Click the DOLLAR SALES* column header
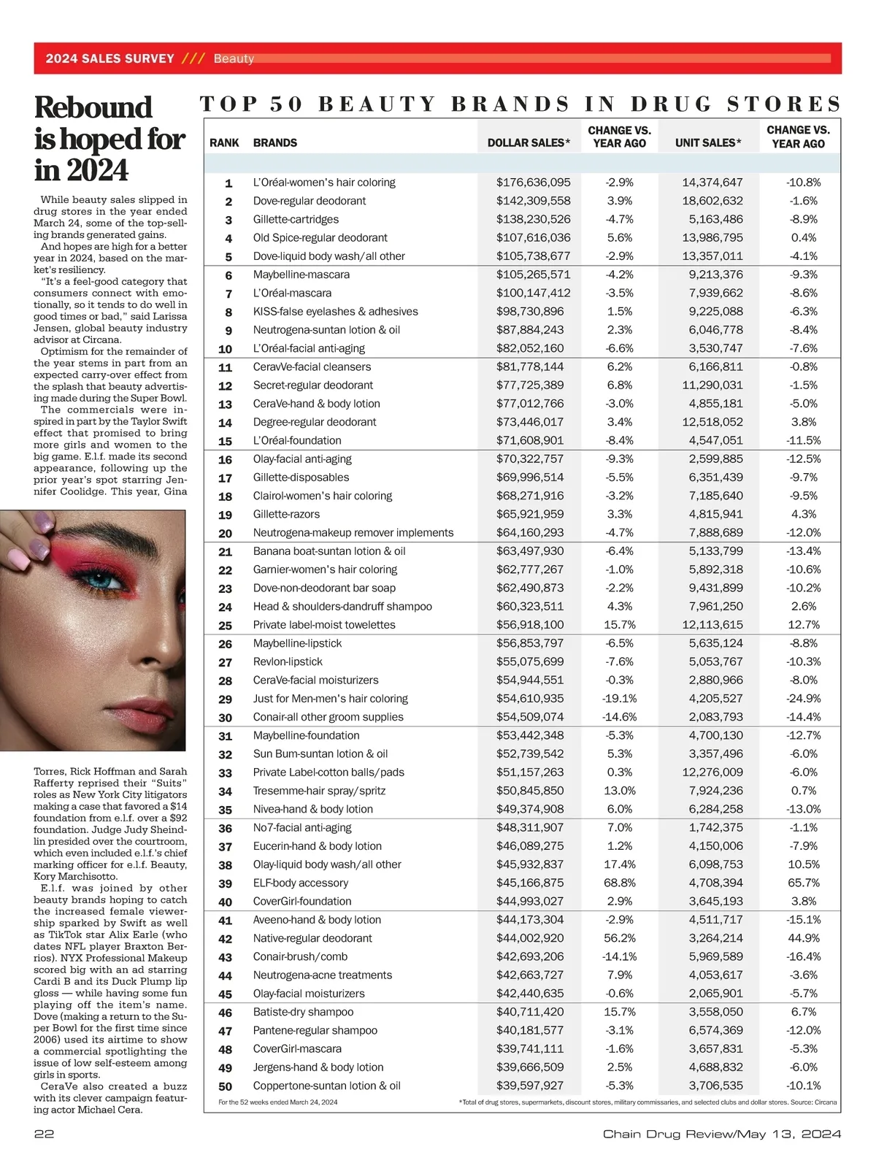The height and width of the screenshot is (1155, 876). tap(529, 143)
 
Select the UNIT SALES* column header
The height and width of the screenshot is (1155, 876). tap(708, 143)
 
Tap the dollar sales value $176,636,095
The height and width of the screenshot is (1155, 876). tap(533, 183)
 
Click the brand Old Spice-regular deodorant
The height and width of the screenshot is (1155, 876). tap(320, 238)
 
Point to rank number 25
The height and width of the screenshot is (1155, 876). tap(225, 626)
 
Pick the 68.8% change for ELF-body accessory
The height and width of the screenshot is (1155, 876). tap(619, 883)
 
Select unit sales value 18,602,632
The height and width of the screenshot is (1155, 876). tap(711, 201)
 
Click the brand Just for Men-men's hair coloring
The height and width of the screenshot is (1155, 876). tap(330, 699)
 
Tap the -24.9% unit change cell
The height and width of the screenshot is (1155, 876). tap(803, 699)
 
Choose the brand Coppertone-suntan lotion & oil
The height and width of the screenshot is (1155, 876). tap(326, 1086)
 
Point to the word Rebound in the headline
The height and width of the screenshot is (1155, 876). tap(93, 107)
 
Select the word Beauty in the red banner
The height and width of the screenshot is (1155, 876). tap(234, 58)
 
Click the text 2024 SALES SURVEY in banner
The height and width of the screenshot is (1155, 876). tap(109, 58)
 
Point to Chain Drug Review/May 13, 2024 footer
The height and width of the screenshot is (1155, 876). tap(722, 1134)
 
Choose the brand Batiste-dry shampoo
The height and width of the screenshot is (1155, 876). tap(303, 1012)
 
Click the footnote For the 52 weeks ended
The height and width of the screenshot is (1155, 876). tap(277, 1102)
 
